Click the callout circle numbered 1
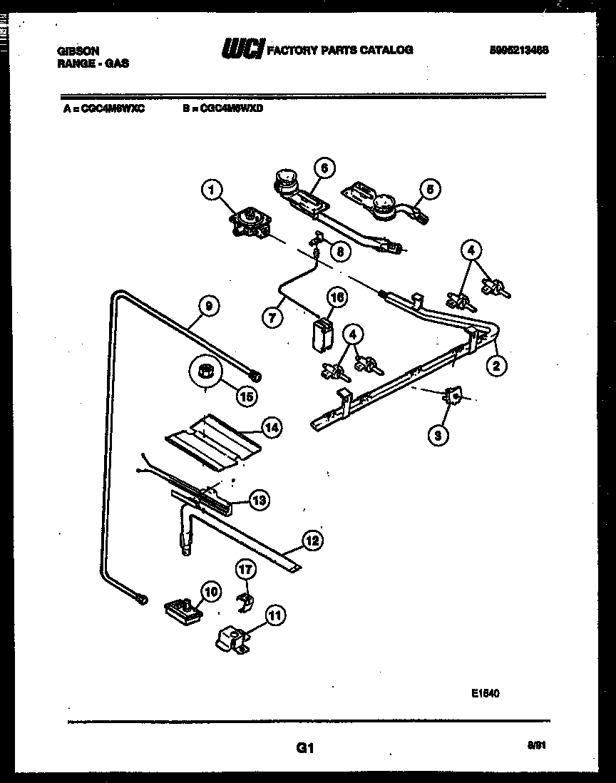tap(211, 190)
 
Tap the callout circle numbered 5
tap(430, 189)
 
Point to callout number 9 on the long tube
tap(207, 306)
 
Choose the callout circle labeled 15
tap(246, 396)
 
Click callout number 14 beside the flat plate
tap(271, 428)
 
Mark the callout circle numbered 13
tap(260, 501)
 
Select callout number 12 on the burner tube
tap(311, 540)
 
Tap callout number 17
tap(245, 570)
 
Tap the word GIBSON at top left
tap(78, 51)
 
